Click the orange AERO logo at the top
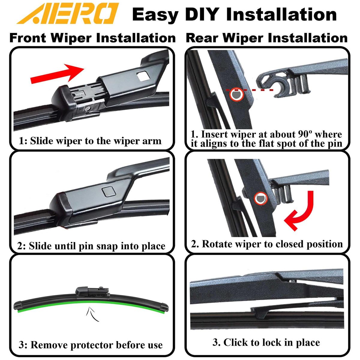click(x=67, y=13)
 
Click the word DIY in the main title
click(x=202, y=14)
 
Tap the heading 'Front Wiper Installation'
click(x=92, y=38)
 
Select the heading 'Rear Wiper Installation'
click(x=267, y=38)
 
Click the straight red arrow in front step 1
click(x=57, y=73)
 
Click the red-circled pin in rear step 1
click(x=236, y=94)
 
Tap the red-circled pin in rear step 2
click(x=261, y=198)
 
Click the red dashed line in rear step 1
click(x=249, y=90)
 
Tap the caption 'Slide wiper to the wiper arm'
click(x=96, y=141)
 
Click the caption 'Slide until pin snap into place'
click(x=97, y=246)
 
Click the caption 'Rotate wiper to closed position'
click(x=272, y=244)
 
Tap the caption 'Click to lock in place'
click(x=271, y=342)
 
